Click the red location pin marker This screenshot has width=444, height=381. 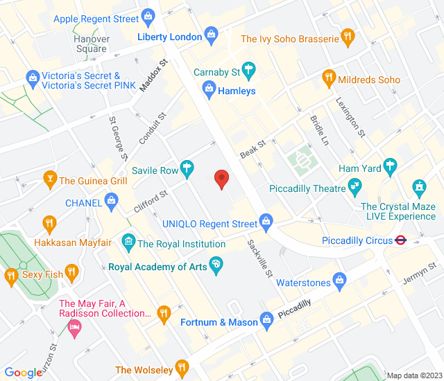pyautogui.click(x=221, y=178)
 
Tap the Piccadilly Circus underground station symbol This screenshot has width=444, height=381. pyautogui.click(x=400, y=240)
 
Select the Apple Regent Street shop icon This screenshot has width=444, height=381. pyautogui.click(x=147, y=16)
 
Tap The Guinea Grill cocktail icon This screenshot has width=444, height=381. pyautogui.click(x=49, y=181)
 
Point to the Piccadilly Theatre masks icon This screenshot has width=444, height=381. pyautogui.click(x=356, y=186)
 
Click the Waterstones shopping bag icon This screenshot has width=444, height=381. pyautogui.click(x=339, y=281)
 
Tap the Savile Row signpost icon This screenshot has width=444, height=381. pyautogui.click(x=186, y=168)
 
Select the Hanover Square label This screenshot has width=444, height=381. pyautogui.click(x=92, y=44)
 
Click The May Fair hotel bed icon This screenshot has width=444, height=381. pyautogui.click(x=74, y=326)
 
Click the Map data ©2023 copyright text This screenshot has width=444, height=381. pyautogui.click(x=413, y=375)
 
